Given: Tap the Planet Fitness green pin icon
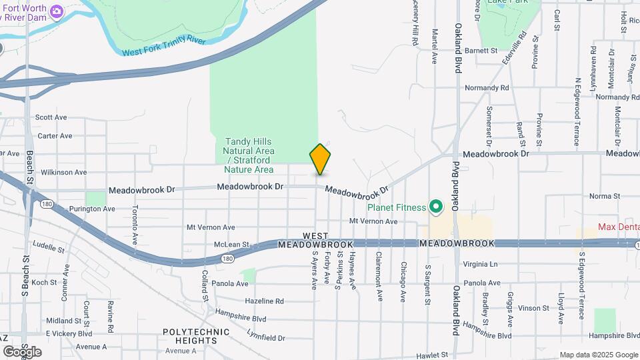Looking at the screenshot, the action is click(x=437, y=207).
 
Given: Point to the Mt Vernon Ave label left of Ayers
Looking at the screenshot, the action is click(x=211, y=227).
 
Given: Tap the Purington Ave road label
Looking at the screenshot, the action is click(x=92, y=209).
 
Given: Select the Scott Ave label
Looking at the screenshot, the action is click(x=51, y=117).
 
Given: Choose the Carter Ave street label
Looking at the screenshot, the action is click(x=55, y=135).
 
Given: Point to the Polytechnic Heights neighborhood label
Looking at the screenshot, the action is click(x=191, y=336).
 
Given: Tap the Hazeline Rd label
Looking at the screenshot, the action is click(x=264, y=301).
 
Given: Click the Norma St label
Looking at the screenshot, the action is click(x=605, y=196).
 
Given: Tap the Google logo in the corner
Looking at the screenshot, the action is click(x=22, y=351).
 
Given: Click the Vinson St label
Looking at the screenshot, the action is click(x=533, y=308).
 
